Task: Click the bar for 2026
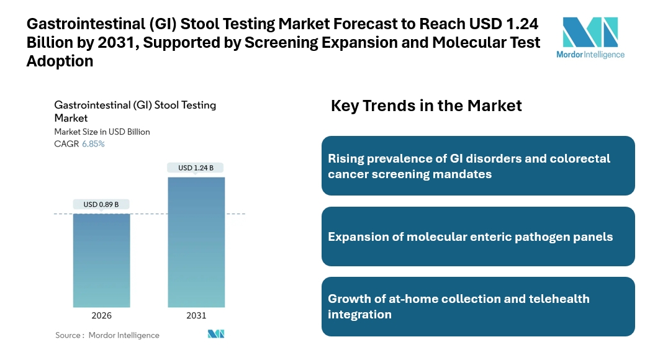101,260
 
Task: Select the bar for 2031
196,242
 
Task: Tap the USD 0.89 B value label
101,204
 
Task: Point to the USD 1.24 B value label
196,168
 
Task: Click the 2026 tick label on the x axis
101,315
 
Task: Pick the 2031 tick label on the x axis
196,315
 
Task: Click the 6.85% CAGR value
93,144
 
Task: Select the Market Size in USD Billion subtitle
102,132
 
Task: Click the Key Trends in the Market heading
426,106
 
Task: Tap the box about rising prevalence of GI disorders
478,166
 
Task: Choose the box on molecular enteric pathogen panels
478,236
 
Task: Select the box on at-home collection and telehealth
478,307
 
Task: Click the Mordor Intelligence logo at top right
591,37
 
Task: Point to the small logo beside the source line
216,334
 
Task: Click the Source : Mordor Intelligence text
107,335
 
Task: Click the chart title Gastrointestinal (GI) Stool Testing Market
135,111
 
